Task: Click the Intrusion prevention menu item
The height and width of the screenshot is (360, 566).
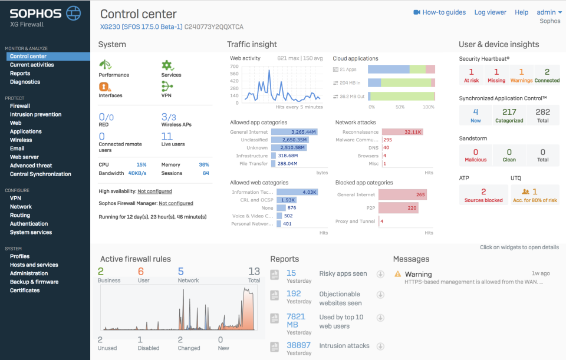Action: pos(35,114)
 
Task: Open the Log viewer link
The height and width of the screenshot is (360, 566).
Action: pos(490,12)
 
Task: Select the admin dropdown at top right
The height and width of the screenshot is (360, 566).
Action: pos(549,12)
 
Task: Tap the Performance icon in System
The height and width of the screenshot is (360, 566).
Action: pos(106,65)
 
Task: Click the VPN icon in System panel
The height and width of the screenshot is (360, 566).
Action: pos(167,86)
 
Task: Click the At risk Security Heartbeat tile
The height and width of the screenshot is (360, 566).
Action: pos(471,75)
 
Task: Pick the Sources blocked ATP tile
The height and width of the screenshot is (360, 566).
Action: pos(483,195)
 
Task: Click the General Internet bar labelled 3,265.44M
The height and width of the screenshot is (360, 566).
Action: pos(294,132)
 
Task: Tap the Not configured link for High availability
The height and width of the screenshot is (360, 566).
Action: pos(154,191)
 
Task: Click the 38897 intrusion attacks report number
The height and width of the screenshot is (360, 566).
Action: pos(298,345)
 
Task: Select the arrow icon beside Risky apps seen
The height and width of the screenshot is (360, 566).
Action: pos(380,274)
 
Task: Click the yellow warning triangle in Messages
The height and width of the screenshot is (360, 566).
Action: pos(398,274)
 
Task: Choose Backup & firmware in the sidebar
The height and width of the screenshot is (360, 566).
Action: pos(34,282)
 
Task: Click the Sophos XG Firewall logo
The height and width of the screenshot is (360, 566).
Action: pos(45,16)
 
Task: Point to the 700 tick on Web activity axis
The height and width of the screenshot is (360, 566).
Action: pos(234,67)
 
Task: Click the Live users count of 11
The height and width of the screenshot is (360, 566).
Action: pos(167,137)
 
